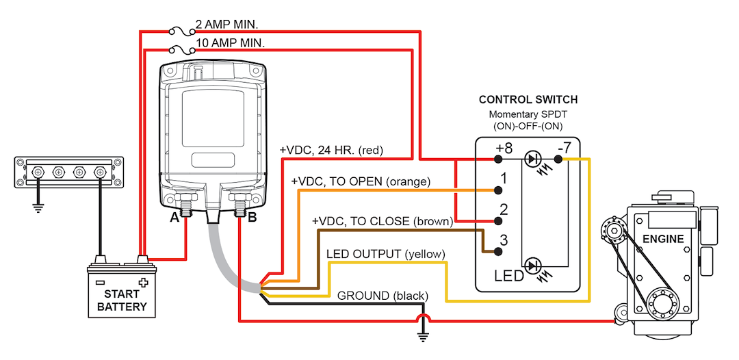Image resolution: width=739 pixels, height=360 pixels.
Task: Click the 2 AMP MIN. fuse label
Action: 226,25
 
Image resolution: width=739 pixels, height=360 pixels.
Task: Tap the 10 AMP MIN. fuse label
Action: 230,43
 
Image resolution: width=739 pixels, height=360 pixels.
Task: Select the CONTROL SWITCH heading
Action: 528,100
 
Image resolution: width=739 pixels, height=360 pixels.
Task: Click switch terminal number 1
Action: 504,178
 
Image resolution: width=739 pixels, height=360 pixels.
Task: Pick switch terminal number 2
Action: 504,209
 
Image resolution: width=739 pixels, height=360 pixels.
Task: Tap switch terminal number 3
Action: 504,240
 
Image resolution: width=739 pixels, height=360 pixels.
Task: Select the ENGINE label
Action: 663,239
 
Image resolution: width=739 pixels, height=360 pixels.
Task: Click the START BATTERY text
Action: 121,300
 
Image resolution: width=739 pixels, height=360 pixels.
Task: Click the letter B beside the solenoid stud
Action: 252,218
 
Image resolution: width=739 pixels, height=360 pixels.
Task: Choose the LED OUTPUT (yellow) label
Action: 386,254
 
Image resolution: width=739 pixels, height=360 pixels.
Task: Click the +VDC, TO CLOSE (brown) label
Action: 383,222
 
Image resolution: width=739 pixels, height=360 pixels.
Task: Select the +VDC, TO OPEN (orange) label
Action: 361,182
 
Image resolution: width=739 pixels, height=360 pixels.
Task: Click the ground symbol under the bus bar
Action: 39,205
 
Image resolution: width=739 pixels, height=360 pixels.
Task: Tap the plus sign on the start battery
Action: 142,282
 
